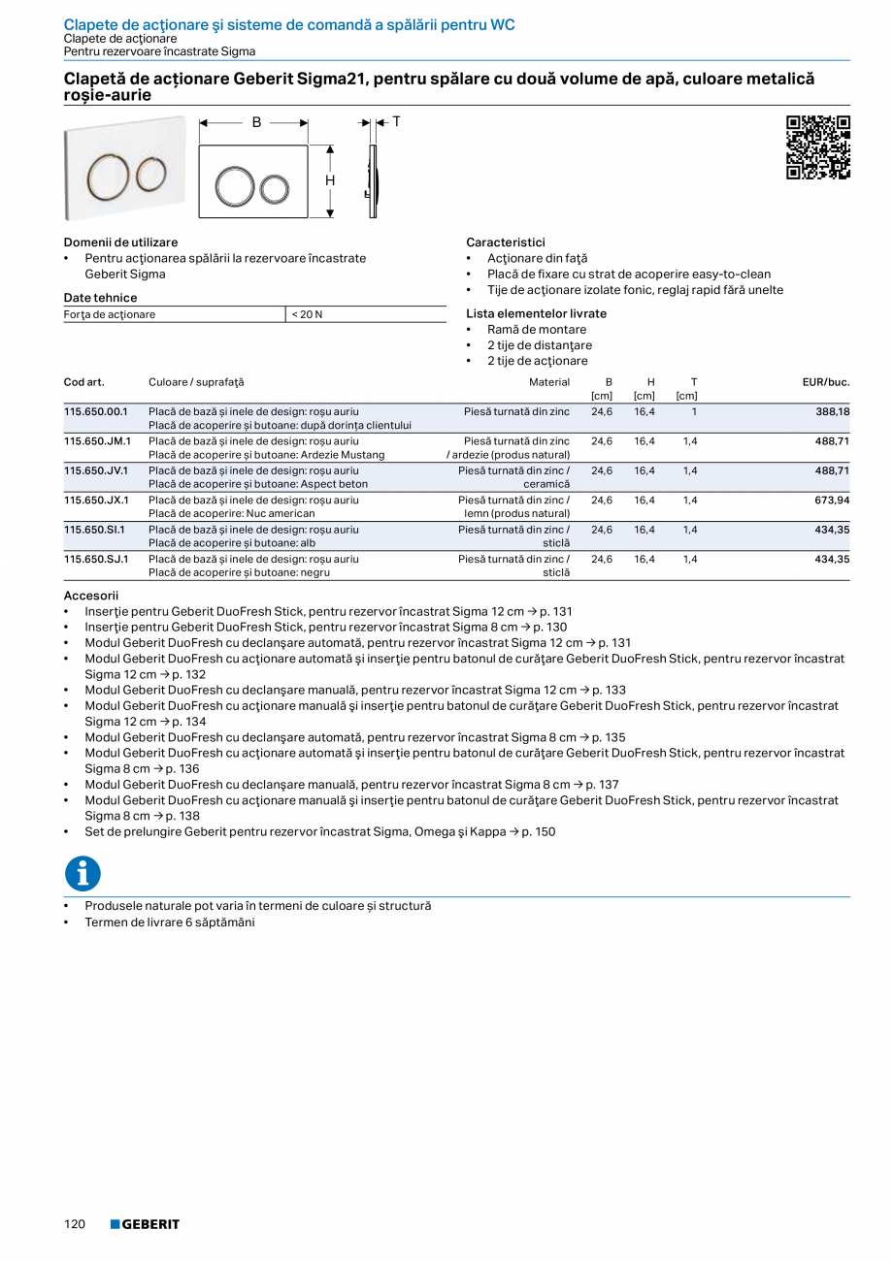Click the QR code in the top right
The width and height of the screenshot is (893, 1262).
click(817, 147)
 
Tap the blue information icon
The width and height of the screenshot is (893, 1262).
click(83, 873)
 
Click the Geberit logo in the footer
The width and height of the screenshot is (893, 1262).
click(145, 1224)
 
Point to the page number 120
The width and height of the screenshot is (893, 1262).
click(76, 1224)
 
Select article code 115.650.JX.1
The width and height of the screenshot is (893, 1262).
click(97, 501)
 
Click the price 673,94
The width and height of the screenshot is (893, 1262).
click(830, 501)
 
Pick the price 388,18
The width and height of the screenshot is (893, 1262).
click(830, 411)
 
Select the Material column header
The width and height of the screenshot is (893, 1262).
click(549, 382)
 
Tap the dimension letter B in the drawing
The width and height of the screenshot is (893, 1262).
click(256, 122)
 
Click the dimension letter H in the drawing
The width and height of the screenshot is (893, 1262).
click(330, 180)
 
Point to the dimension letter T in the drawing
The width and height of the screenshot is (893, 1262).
click(396, 121)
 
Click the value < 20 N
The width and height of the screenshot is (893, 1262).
click(308, 314)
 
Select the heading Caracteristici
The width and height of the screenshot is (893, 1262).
click(506, 243)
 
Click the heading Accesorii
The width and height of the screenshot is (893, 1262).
click(90, 596)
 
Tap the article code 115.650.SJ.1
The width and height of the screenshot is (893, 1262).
click(97, 560)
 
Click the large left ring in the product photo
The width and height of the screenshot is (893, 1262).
click(109, 175)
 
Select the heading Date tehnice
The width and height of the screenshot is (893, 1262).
click(100, 298)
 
